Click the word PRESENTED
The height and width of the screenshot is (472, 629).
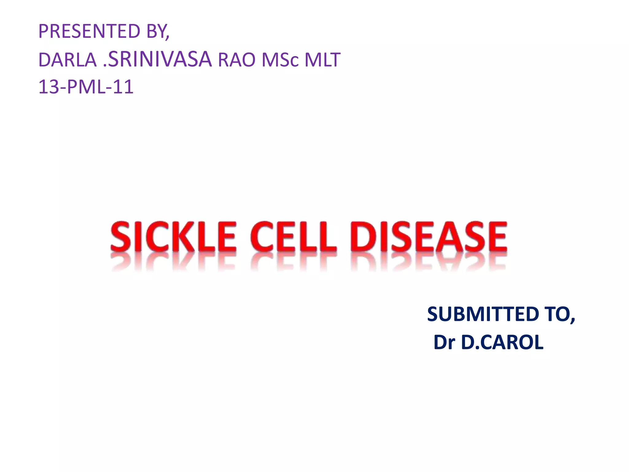(x=89, y=31)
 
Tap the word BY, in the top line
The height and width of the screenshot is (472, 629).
(x=158, y=31)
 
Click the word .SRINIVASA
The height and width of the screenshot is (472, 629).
(x=157, y=59)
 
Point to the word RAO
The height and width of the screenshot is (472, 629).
(x=236, y=60)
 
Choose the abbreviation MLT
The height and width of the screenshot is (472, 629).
(x=322, y=60)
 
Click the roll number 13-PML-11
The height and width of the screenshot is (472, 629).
(x=86, y=87)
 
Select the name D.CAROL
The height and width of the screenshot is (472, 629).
(x=502, y=342)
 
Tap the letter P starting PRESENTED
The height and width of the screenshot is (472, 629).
(x=44, y=31)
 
